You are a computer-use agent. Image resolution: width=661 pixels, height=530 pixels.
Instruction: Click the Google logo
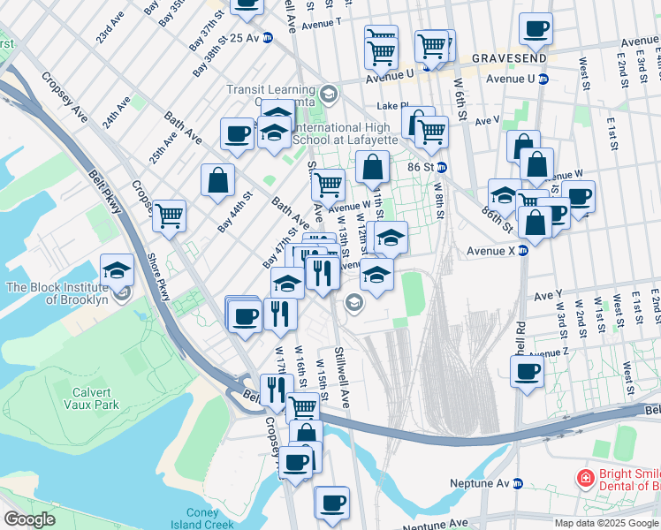[x=29, y=519]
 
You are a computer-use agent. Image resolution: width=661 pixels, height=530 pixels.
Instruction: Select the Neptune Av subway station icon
[x=519, y=483]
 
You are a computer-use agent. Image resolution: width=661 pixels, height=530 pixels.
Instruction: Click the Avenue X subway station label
[x=491, y=251]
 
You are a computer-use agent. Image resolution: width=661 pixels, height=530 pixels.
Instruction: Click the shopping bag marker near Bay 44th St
[x=217, y=180]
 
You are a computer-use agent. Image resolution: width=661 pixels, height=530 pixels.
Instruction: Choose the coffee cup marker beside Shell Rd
[x=528, y=370]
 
